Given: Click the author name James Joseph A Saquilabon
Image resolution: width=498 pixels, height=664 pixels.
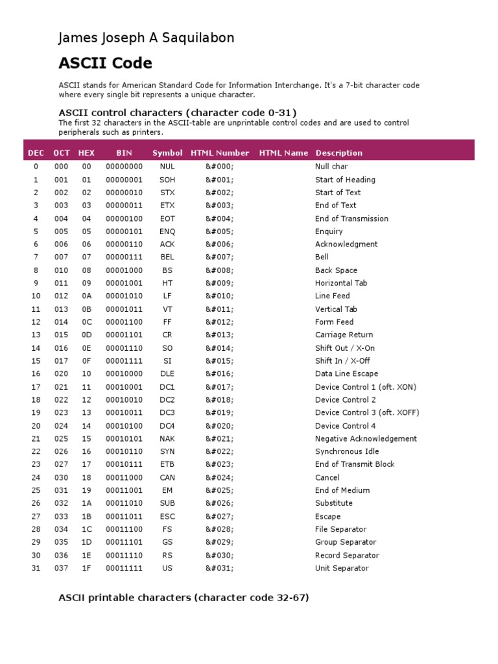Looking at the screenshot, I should (146, 38).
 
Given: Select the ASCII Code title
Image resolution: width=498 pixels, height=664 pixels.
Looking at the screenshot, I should (105, 63).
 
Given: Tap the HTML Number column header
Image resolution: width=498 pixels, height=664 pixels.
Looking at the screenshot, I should (220, 153).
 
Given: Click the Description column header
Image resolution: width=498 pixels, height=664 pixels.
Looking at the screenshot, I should (338, 153).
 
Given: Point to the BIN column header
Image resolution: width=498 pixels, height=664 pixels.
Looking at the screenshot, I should (124, 153).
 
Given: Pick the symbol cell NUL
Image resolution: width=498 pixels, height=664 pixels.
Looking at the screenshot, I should (167, 167).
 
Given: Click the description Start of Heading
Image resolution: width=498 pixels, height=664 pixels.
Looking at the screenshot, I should (345, 180).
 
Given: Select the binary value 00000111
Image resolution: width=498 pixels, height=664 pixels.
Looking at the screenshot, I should (124, 257).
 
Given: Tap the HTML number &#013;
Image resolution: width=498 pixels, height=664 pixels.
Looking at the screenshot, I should (220, 335).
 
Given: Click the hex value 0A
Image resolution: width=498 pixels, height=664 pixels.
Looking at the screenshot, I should (87, 296).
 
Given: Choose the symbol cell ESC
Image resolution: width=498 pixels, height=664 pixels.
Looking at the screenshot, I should (167, 516).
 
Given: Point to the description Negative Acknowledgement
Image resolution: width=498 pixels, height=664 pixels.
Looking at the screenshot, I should (366, 438).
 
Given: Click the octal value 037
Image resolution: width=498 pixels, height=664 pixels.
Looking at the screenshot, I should (62, 568).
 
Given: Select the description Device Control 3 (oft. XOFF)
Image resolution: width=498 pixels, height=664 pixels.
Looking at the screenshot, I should (367, 412).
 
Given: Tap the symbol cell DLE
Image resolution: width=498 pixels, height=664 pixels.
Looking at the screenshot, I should (167, 373).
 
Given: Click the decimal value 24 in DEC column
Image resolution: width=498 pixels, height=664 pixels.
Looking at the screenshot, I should (36, 477).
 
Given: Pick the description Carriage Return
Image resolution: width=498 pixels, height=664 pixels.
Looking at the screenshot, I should (344, 335).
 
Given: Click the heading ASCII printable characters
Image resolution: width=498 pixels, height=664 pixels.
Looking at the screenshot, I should (184, 597).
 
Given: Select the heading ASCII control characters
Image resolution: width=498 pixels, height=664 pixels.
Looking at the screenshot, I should (178, 112).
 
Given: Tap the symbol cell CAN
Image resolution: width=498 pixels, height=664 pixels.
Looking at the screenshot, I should (167, 477).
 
